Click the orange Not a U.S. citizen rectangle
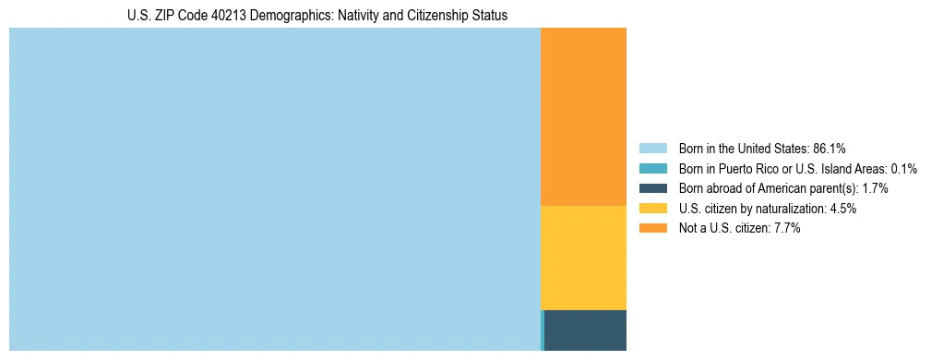pyautogui.click(x=583, y=116)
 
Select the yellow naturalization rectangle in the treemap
pyautogui.click(x=583, y=258)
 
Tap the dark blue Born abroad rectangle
pyautogui.click(x=585, y=330)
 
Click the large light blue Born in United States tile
pyautogui.click(x=274, y=189)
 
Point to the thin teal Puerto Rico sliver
pyautogui.click(x=542, y=330)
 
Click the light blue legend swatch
pyautogui.click(x=652, y=148)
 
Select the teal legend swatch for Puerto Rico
pyautogui.click(x=652, y=168)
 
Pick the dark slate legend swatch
pyautogui.click(x=652, y=188)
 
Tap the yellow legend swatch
pyautogui.click(x=652, y=209)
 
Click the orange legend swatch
pyautogui.click(x=652, y=229)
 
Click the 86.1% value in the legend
pyautogui.click(x=830, y=148)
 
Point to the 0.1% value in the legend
pyautogui.click(x=903, y=168)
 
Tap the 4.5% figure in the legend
pyautogui.click(x=842, y=209)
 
